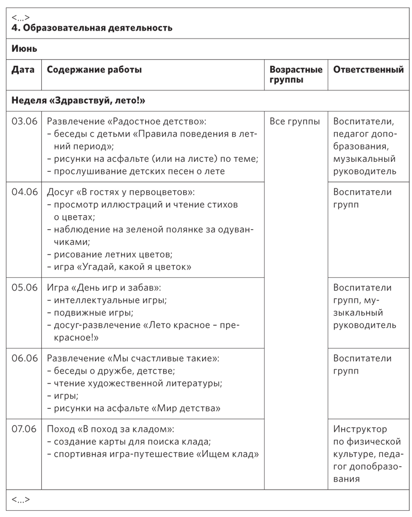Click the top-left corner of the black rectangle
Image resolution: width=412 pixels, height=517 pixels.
pos(6,8)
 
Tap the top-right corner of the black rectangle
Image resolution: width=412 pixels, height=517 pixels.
pos(409,8)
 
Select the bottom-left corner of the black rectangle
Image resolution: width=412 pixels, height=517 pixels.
pos(6,510)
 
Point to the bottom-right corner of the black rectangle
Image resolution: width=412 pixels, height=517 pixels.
pos(409,510)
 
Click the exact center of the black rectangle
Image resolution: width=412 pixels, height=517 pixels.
pos(208,259)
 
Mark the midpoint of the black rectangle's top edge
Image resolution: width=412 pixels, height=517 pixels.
pos(208,8)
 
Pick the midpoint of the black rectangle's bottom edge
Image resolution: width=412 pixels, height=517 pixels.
pos(208,510)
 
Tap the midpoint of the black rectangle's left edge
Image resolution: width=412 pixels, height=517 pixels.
pos(6,259)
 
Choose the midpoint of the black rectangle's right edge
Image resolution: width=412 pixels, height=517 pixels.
pos(409,259)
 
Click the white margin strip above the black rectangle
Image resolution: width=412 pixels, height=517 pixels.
pos(208,3)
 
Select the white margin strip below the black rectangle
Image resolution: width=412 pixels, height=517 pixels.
pos(208,514)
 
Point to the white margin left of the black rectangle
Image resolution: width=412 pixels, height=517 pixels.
pos(2,259)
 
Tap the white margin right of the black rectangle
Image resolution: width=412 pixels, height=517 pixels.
pos(411,259)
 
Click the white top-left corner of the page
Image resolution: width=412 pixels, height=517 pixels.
pos(2,2)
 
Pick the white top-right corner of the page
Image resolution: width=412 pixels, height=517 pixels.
pos(410,2)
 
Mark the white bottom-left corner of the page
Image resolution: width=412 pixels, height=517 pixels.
pos(2,514)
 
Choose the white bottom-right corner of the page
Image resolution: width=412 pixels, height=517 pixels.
pos(410,514)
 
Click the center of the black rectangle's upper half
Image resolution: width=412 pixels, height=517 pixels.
pos(208,133)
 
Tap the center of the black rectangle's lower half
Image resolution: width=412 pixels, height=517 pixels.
pos(208,384)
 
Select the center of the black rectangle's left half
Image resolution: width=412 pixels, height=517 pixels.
pos(107,259)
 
